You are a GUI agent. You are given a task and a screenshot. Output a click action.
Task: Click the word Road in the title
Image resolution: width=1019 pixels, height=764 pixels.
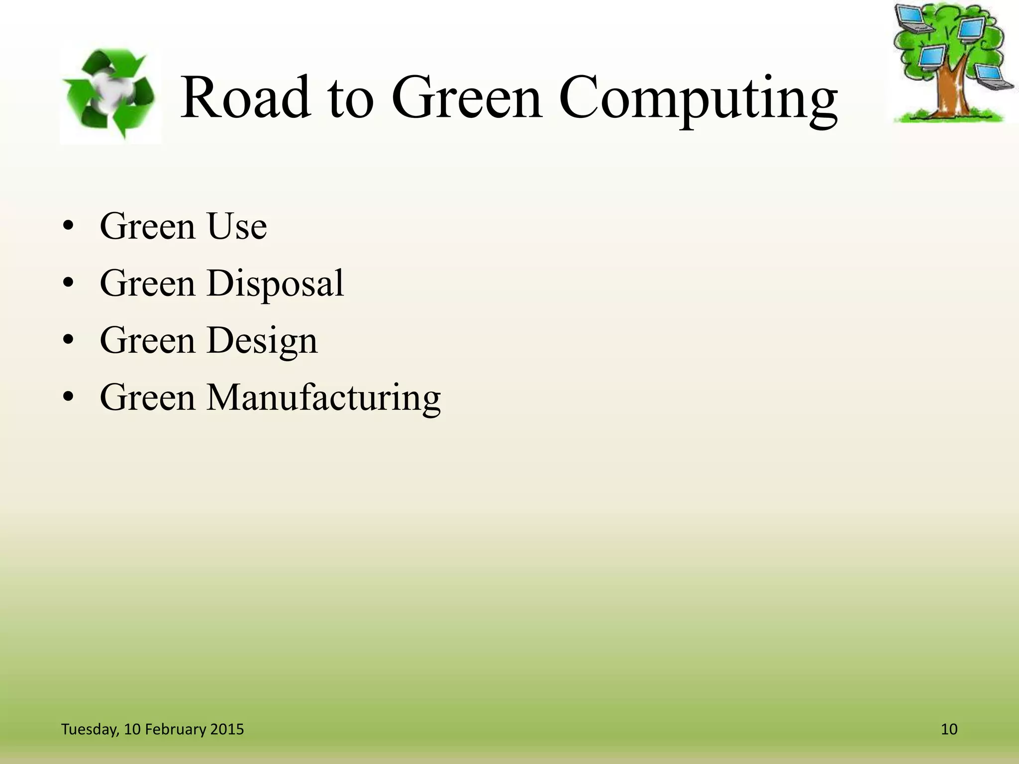[246, 97]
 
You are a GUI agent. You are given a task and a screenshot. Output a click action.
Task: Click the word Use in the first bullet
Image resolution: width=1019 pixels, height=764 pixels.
[237, 226]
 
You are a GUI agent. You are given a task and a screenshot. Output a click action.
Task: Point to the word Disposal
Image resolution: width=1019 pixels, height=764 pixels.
[275, 284]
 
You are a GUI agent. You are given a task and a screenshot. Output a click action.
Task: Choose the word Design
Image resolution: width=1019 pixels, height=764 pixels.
[262, 341]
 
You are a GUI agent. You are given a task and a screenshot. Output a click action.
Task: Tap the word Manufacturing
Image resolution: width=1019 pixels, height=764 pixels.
[323, 398]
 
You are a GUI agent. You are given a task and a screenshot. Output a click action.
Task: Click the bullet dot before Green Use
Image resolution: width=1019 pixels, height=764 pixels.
[69, 227]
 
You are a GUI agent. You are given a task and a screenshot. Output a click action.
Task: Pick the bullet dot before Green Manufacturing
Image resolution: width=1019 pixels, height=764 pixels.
[69, 397]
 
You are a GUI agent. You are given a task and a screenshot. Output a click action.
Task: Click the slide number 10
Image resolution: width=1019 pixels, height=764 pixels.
[949, 729]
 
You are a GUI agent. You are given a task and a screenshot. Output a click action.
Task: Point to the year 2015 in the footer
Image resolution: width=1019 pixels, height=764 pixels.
[227, 729]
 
